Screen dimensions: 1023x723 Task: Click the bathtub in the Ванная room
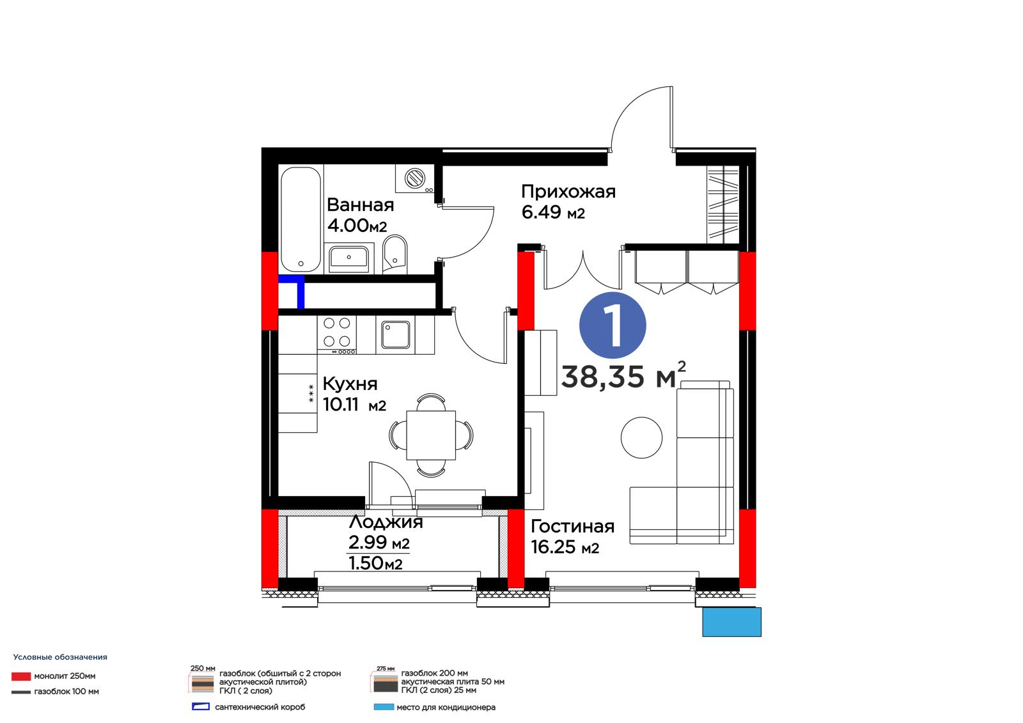(301, 220)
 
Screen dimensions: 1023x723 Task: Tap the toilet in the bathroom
(395, 254)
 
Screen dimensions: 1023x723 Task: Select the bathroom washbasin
(349, 258)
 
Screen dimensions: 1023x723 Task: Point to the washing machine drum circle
(415, 178)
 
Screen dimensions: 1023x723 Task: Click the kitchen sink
(396, 335)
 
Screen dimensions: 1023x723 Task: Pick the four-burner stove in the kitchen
(337, 335)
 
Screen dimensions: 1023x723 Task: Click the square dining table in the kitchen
(431, 435)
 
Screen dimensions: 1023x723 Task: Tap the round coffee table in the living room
(642, 437)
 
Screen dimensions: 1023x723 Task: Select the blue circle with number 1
(613, 325)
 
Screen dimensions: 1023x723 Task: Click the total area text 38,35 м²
(623, 375)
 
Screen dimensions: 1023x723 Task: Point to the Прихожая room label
(568, 191)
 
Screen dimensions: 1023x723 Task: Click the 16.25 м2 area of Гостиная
(565, 547)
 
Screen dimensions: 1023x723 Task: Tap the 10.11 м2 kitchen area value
(354, 405)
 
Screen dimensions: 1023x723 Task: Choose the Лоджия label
(386, 522)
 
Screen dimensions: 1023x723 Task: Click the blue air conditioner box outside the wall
(731, 621)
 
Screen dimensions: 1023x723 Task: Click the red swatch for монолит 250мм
(21, 676)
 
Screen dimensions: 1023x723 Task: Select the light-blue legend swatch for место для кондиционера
(384, 707)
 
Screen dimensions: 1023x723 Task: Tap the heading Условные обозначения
(60, 657)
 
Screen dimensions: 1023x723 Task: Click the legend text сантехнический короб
(260, 707)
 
